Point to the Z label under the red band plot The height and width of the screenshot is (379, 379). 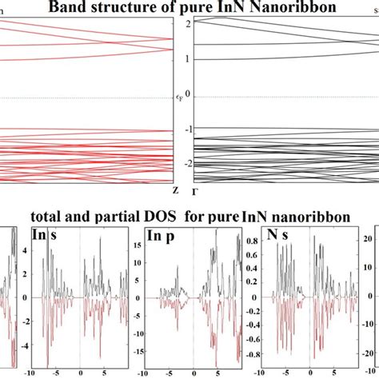(175, 189)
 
